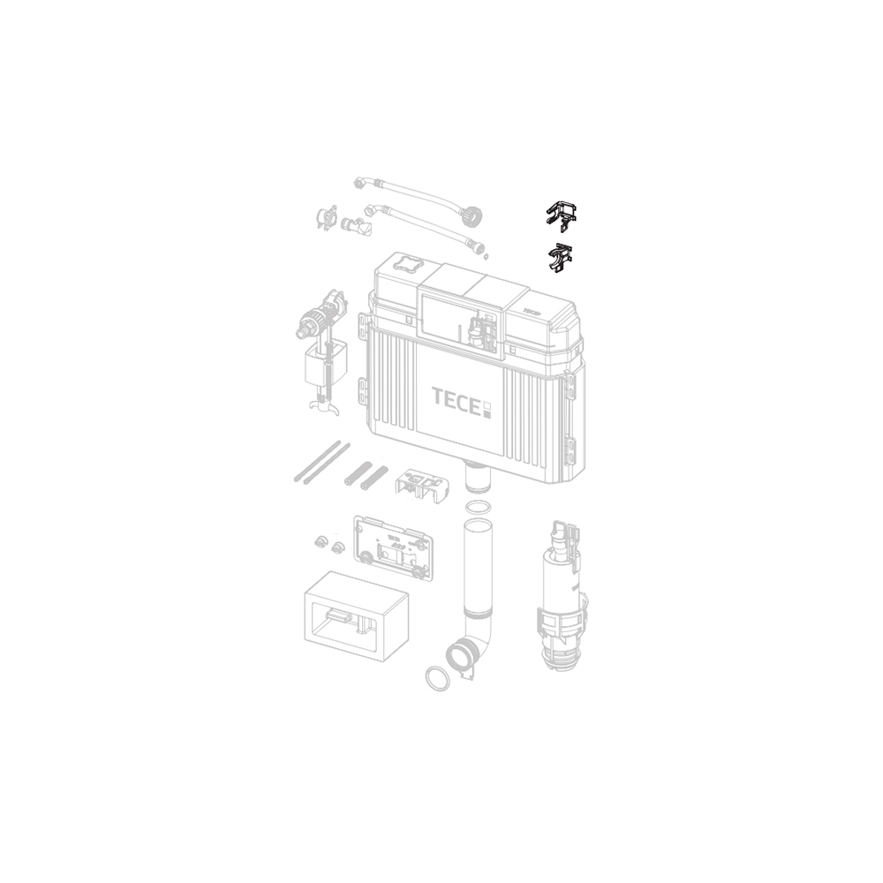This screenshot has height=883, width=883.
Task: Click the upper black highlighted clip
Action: [x=561, y=216]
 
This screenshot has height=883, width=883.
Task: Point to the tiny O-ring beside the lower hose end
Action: [x=487, y=257]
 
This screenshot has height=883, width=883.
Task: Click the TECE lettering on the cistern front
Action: [x=455, y=396]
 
